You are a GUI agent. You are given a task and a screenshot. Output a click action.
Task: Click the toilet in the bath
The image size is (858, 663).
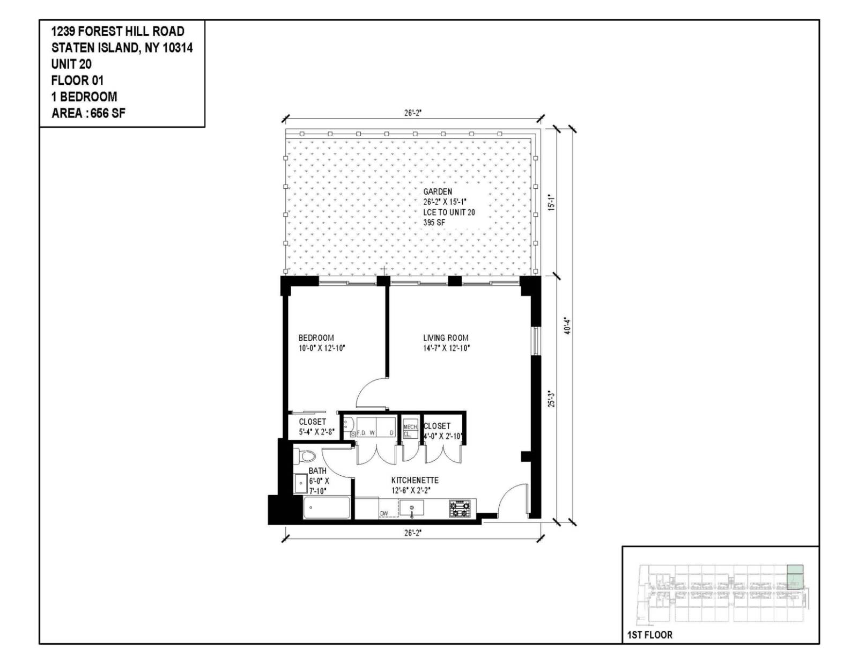point(306,457)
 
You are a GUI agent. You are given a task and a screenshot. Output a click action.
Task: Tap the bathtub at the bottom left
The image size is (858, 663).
point(327,508)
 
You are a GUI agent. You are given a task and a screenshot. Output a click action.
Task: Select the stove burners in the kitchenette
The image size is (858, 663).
point(460,509)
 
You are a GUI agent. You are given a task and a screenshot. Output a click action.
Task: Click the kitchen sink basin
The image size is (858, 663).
point(411,507)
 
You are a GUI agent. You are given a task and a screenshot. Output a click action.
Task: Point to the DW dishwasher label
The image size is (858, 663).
point(384,514)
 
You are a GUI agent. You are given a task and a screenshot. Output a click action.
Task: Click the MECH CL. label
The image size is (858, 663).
point(410,430)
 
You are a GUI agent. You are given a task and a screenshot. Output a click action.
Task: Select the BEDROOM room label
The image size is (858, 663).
point(316,338)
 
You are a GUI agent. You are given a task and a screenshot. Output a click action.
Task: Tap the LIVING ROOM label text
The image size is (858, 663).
point(446,338)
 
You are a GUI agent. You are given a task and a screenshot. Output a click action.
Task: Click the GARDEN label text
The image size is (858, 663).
point(438,191)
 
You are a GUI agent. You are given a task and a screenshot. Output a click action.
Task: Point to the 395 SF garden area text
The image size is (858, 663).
point(434,222)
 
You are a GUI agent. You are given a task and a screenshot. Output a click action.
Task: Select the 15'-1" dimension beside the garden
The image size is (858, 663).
point(551,202)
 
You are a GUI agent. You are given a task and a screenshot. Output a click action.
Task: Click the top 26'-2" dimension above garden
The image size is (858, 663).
point(412,113)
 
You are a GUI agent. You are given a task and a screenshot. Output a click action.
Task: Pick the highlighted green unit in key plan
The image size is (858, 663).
point(795,577)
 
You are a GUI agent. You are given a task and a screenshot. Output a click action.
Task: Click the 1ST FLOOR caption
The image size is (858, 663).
point(649,635)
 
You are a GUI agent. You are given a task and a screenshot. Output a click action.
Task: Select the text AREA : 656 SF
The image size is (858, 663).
point(88,113)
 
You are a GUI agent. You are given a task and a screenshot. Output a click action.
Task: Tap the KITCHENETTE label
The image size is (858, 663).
point(415,481)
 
